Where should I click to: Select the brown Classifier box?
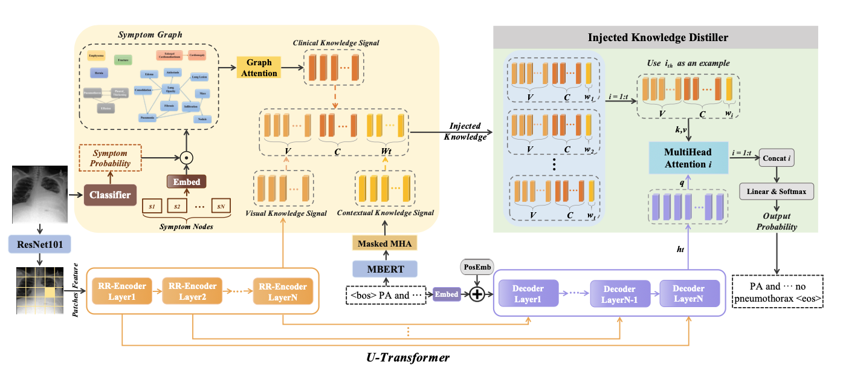[x=110, y=194]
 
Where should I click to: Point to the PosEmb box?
[x=474, y=267]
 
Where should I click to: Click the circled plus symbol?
[x=477, y=294]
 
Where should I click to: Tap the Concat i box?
[x=776, y=159]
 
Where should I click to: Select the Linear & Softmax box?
[x=776, y=192]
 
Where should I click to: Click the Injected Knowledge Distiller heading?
[x=658, y=37]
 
